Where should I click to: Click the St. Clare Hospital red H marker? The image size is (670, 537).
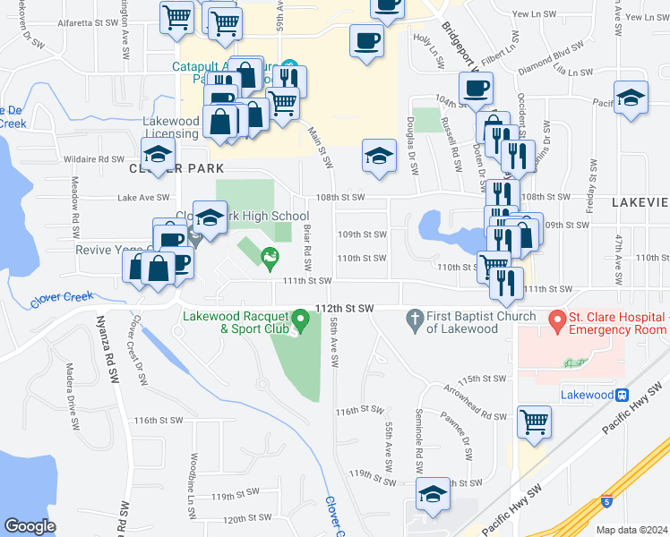click(x=555, y=319)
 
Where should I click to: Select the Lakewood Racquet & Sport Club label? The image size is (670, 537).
click(x=236, y=321)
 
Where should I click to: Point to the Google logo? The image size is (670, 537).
click(x=30, y=525)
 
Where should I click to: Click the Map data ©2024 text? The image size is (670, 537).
click(x=631, y=530)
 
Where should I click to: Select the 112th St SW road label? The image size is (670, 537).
click(x=344, y=308)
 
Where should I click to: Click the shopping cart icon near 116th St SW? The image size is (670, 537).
click(x=535, y=421)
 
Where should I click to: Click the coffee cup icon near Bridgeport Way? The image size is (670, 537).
click(x=476, y=88)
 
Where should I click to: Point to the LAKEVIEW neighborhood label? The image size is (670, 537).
click(x=640, y=203)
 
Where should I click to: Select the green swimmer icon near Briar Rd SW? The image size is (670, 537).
click(x=268, y=260)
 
